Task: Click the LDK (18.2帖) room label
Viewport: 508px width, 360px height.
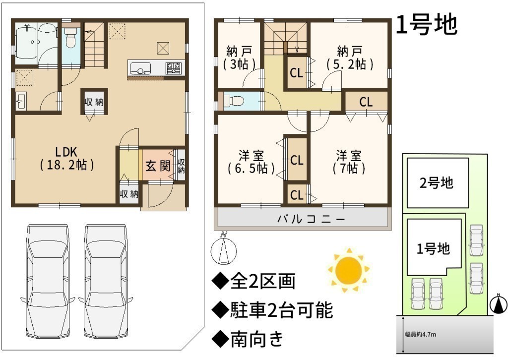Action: (67, 159)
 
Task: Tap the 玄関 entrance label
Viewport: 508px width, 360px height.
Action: (158, 166)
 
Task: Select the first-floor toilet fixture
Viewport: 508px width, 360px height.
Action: (69, 37)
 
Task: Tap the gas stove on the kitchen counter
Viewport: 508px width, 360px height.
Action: (174, 67)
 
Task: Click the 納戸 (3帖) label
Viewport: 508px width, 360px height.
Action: (239, 58)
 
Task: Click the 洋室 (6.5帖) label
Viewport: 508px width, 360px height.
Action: (251, 162)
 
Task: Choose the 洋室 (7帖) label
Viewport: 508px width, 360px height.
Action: (349, 162)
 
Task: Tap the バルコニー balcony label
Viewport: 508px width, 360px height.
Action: (311, 219)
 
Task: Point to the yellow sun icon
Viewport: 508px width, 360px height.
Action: (349, 270)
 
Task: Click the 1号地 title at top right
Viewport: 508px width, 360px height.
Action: (427, 24)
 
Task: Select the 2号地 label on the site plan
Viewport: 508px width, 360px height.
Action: (437, 183)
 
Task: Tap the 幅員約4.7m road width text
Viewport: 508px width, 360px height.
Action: (420, 334)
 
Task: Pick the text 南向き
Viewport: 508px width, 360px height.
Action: (257, 339)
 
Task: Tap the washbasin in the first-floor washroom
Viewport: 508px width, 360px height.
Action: (20, 101)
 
